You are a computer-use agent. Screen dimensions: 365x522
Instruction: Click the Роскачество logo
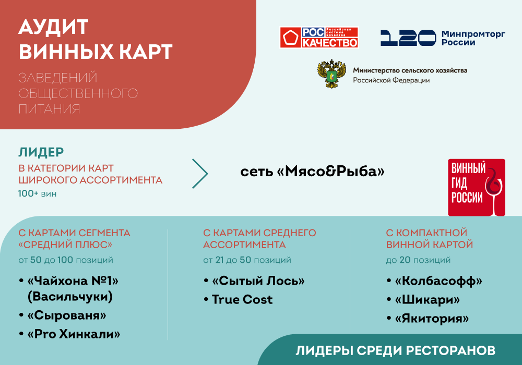319,38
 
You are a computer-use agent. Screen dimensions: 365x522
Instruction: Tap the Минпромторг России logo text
473,38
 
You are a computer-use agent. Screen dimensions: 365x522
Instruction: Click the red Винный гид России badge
477,187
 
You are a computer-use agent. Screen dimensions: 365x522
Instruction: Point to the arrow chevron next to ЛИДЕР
200,173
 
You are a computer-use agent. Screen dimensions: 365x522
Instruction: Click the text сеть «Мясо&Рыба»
312,171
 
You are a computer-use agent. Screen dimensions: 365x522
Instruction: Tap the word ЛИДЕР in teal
41,152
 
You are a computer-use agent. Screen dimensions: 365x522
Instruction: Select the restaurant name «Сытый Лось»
258,281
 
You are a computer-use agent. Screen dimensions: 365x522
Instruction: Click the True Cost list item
242,299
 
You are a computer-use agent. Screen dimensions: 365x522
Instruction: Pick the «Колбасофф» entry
438,281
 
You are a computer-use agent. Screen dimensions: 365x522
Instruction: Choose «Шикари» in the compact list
428,300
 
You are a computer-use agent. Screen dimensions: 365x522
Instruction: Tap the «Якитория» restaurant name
432,318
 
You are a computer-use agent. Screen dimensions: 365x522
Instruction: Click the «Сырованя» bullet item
67,315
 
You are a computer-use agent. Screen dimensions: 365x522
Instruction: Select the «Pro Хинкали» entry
74,334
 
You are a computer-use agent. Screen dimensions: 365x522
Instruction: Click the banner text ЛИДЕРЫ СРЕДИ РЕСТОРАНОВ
395,350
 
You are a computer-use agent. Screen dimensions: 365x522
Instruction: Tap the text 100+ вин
38,194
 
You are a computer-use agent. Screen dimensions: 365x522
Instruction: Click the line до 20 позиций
418,260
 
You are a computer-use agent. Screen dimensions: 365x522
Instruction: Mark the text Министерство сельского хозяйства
410,70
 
